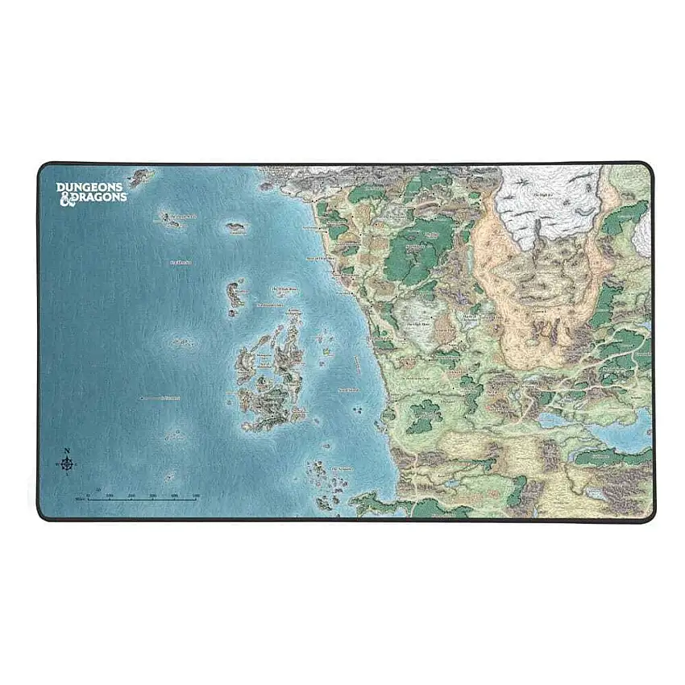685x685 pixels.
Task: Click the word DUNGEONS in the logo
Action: pos(91,187)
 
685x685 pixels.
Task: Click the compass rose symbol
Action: pos(67,463)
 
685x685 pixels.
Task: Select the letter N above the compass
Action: pos(67,450)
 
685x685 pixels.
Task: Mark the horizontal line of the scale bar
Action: pos(141,500)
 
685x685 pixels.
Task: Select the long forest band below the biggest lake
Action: pos(612,457)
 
